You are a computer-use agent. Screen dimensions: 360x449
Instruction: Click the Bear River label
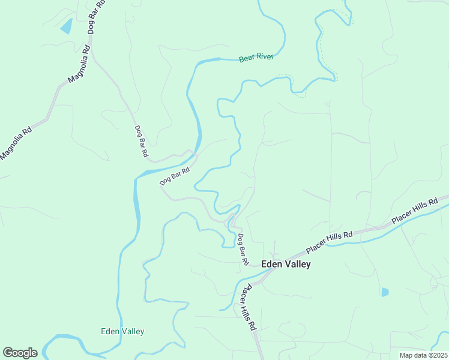(x=256, y=58)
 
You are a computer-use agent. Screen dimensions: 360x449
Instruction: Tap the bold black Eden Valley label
(x=286, y=264)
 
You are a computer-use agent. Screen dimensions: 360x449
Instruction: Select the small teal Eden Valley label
(x=122, y=331)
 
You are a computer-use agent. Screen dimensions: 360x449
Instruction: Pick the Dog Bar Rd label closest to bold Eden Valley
(x=242, y=249)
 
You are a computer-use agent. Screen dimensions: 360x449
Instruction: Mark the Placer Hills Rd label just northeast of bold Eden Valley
(x=328, y=242)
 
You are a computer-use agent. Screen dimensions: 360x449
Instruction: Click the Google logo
(x=20, y=353)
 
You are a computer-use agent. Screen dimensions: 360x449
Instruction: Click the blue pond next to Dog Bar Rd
(x=66, y=26)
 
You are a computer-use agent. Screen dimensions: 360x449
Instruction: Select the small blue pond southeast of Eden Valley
(x=385, y=292)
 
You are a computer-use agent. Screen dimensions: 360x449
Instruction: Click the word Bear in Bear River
(x=247, y=59)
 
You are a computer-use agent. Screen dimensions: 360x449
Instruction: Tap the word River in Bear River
(x=265, y=57)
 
